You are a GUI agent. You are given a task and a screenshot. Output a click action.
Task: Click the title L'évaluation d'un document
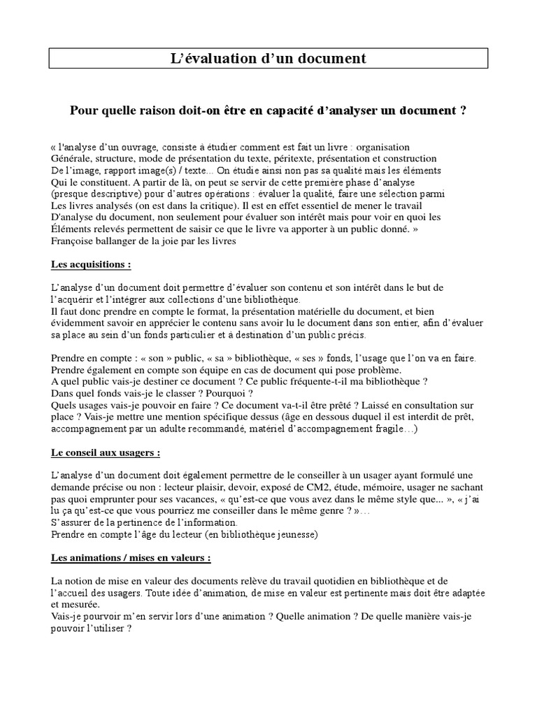click(268, 59)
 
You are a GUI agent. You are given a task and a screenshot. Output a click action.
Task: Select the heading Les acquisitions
click(91, 265)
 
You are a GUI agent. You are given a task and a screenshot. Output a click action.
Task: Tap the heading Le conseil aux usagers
click(106, 452)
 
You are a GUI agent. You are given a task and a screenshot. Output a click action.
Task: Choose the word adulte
click(183, 429)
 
